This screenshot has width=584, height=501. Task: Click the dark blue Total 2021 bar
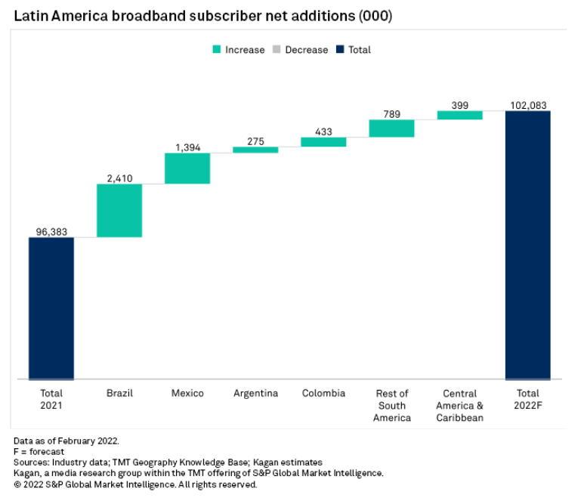[x=51, y=308]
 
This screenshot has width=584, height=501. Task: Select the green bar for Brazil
[x=119, y=210]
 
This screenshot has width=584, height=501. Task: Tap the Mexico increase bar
[x=187, y=168]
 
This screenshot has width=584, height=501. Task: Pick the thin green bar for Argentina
[x=255, y=150]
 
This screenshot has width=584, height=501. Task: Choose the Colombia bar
[x=323, y=142]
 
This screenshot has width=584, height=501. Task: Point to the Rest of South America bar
[x=391, y=128]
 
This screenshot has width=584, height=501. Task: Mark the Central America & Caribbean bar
[x=459, y=115]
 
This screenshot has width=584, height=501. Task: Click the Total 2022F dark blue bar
[x=527, y=245]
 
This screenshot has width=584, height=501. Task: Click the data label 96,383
[x=51, y=231]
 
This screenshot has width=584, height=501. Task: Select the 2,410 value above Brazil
[x=119, y=178]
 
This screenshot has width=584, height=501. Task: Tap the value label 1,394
[x=187, y=147]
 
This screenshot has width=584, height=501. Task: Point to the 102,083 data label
[x=528, y=105]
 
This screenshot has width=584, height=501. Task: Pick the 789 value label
[x=391, y=113]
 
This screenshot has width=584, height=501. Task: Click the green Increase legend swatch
[x=216, y=50]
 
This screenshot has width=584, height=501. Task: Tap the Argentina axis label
[x=255, y=394]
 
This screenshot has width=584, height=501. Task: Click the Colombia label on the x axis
[x=323, y=394]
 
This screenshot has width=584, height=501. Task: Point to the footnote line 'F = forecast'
[x=39, y=451]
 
